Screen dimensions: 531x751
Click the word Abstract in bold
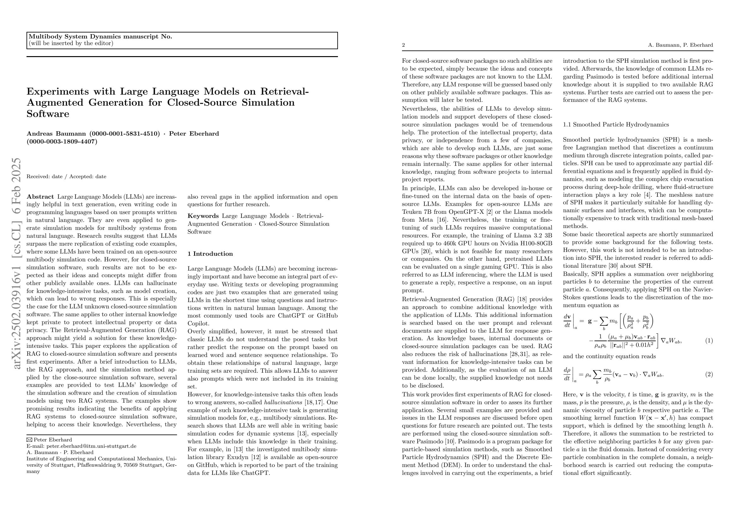coord(40,197)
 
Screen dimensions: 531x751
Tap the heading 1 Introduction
coord(210,254)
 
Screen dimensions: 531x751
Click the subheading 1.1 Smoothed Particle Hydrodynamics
coord(616,125)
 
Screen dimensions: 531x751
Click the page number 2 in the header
coord(404,45)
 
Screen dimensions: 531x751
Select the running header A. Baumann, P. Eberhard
coord(680,45)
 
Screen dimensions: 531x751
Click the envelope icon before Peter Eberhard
coord(29,440)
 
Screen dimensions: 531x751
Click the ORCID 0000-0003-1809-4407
coord(62,142)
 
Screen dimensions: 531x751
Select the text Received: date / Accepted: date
coord(67,177)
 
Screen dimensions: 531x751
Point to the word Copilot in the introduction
coord(198,324)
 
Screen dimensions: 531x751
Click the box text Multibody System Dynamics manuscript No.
coord(100,37)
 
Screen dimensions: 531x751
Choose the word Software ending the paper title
coord(48,114)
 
